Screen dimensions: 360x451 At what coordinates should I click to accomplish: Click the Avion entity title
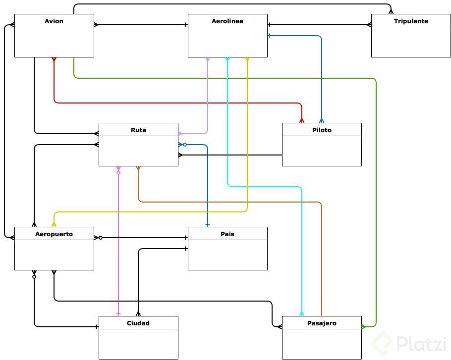54,21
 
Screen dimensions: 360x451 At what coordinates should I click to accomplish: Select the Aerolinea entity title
227,21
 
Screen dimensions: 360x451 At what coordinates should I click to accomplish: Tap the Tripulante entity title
411,21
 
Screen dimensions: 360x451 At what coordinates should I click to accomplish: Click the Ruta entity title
138,130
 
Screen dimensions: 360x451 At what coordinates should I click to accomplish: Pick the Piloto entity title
322,130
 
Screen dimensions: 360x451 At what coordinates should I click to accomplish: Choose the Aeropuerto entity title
54,234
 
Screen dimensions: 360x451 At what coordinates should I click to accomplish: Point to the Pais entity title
227,234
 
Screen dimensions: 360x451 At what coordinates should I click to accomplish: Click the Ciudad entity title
138,323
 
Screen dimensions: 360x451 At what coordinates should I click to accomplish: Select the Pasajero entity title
322,323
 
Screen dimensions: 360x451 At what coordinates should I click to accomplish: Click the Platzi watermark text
421,343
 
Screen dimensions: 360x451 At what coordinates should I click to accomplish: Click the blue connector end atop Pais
208,224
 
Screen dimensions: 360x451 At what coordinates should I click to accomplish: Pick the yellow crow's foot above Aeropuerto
54,224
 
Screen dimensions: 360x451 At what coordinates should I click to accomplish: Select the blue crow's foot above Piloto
322,120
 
